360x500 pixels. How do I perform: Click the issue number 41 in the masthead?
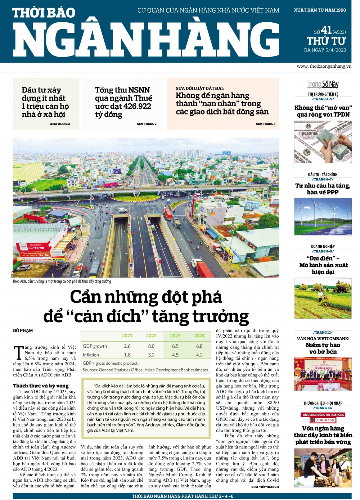(x=326, y=30)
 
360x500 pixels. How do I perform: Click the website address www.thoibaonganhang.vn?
(x=324, y=66)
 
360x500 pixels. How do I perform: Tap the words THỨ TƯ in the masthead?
(x=326, y=41)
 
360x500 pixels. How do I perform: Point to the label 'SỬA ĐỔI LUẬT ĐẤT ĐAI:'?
(x=199, y=88)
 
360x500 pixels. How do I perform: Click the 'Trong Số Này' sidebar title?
(x=323, y=84)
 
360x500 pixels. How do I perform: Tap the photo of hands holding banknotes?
(x=323, y=142)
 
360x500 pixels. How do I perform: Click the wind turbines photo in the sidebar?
(x=323, y=217)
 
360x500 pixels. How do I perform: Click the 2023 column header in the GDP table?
(x=175, y=335)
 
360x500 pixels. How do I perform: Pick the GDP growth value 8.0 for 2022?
(x=151, y=346)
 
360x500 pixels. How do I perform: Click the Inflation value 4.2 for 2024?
(x=199, y=355)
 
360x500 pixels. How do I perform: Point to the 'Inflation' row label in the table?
(x=91, y=355)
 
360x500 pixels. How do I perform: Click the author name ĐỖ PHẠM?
(x=23, y=330)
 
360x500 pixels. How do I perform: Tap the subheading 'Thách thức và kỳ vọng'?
(x=41, y=386)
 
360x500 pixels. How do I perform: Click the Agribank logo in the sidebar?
(x=323, y=420)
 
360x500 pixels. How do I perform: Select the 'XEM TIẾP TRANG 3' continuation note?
(x=265, y=487)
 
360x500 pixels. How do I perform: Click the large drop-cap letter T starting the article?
(x=18, y=353)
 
